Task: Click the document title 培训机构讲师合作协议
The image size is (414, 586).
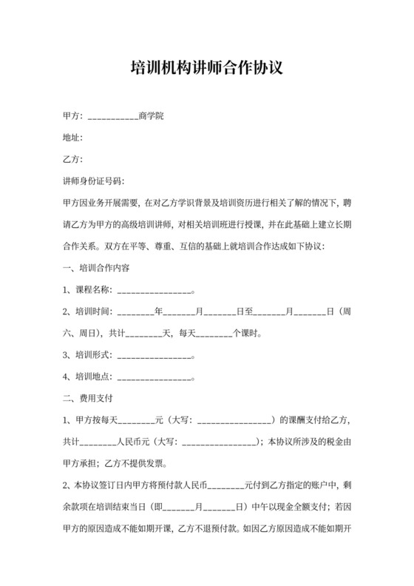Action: tap(206, 69)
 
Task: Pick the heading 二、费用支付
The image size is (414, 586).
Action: tap(86, 397)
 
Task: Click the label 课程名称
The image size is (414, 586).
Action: tap(92, 289)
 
